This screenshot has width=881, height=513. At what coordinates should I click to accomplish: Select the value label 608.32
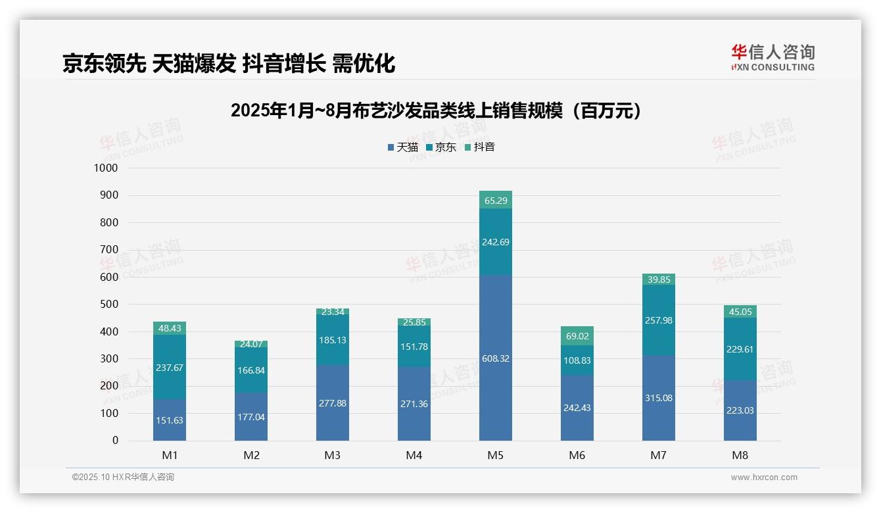[x=496, y=358]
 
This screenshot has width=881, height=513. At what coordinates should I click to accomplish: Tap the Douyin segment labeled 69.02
[x=577, y=335]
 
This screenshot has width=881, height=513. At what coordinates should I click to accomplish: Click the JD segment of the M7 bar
[x=659, y=320]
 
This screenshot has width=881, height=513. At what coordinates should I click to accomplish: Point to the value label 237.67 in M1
[x=170, y=368]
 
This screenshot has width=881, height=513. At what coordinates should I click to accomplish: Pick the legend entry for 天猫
[x=403, y=147]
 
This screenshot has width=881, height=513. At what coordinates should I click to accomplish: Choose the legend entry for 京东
[x=441, y=147]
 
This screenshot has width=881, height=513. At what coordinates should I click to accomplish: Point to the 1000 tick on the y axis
[x=106, y=168]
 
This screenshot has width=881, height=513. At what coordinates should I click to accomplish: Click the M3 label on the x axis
[x=333, y=455]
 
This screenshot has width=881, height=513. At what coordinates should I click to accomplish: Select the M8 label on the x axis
[x=740, y=455]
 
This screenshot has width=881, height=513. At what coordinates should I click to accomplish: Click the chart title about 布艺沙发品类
[x=436, y=110]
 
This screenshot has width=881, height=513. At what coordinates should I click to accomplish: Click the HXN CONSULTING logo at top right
[x=773, y=57]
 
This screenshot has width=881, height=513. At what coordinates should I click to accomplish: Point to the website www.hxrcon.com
[x=764, y=477]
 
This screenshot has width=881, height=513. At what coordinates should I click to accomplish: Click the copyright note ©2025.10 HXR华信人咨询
[x=123, y=477]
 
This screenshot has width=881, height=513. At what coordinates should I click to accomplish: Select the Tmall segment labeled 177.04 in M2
[x=251, y=417]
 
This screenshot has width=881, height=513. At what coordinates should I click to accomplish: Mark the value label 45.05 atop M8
[x=740, y=312]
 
